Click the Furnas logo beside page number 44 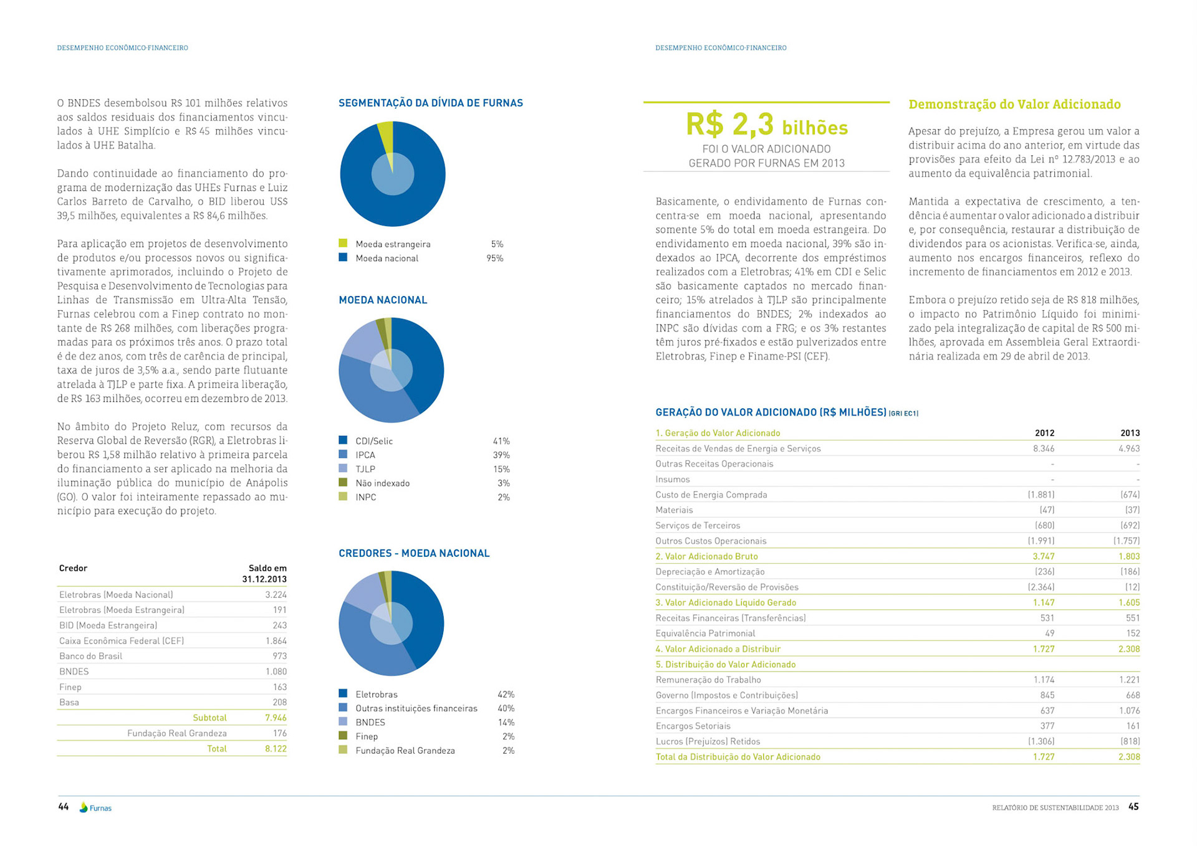click(95, 807)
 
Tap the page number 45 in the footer click(1133, 807)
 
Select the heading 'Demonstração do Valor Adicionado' click(1014, 104)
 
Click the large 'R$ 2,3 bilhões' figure click(766, 125)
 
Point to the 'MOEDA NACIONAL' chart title click(383, 300)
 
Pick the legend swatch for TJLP click(343, 468)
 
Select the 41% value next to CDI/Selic click(501, 441)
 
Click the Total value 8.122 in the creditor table click(276, 748)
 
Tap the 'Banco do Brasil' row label click(90, 656)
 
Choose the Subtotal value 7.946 click(276, 718)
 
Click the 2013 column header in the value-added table click(1129, 433)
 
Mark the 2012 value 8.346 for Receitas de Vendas click(1043, 449)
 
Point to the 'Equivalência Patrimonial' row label click(705, 634)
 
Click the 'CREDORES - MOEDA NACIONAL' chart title click(414, 553)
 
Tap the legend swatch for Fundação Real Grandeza click(343, 750)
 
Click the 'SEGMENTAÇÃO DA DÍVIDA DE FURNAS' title click(430, 103)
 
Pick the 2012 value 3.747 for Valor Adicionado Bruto click(1043, 556)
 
